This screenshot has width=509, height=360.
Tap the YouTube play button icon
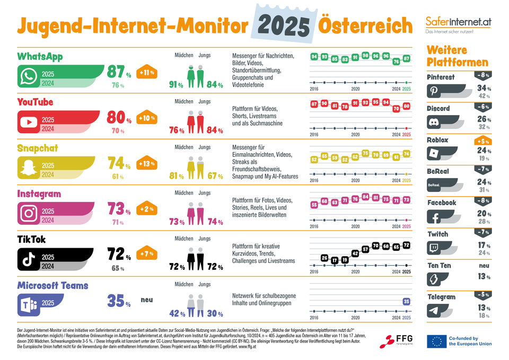(x=28, y=123)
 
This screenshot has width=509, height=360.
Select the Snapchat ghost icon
(x=28, y=169)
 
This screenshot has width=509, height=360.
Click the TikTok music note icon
(x=28, y=259)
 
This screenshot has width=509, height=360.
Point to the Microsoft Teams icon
(x=28, y=305)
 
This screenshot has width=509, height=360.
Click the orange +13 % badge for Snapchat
(x=147, y=164)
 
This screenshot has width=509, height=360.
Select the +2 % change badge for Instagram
(x=147, y=209)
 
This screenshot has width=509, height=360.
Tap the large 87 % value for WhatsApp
(x=119, y=72)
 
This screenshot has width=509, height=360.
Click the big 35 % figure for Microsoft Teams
(x=119, y=301)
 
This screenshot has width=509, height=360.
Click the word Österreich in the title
(x=365, y=25)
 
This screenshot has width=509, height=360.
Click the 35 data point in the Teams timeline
(x=406, y=301)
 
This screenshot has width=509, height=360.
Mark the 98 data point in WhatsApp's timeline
(x=365, y=55)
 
